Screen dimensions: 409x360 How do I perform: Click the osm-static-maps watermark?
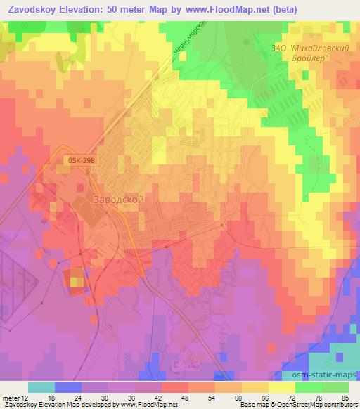pyautogui.click(x=327, y=371)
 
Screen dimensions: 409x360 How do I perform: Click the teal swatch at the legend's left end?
pyautogui.click(x=41, y=387)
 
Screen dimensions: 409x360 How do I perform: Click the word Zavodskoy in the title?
pyautogui.click(x=32, y=9)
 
